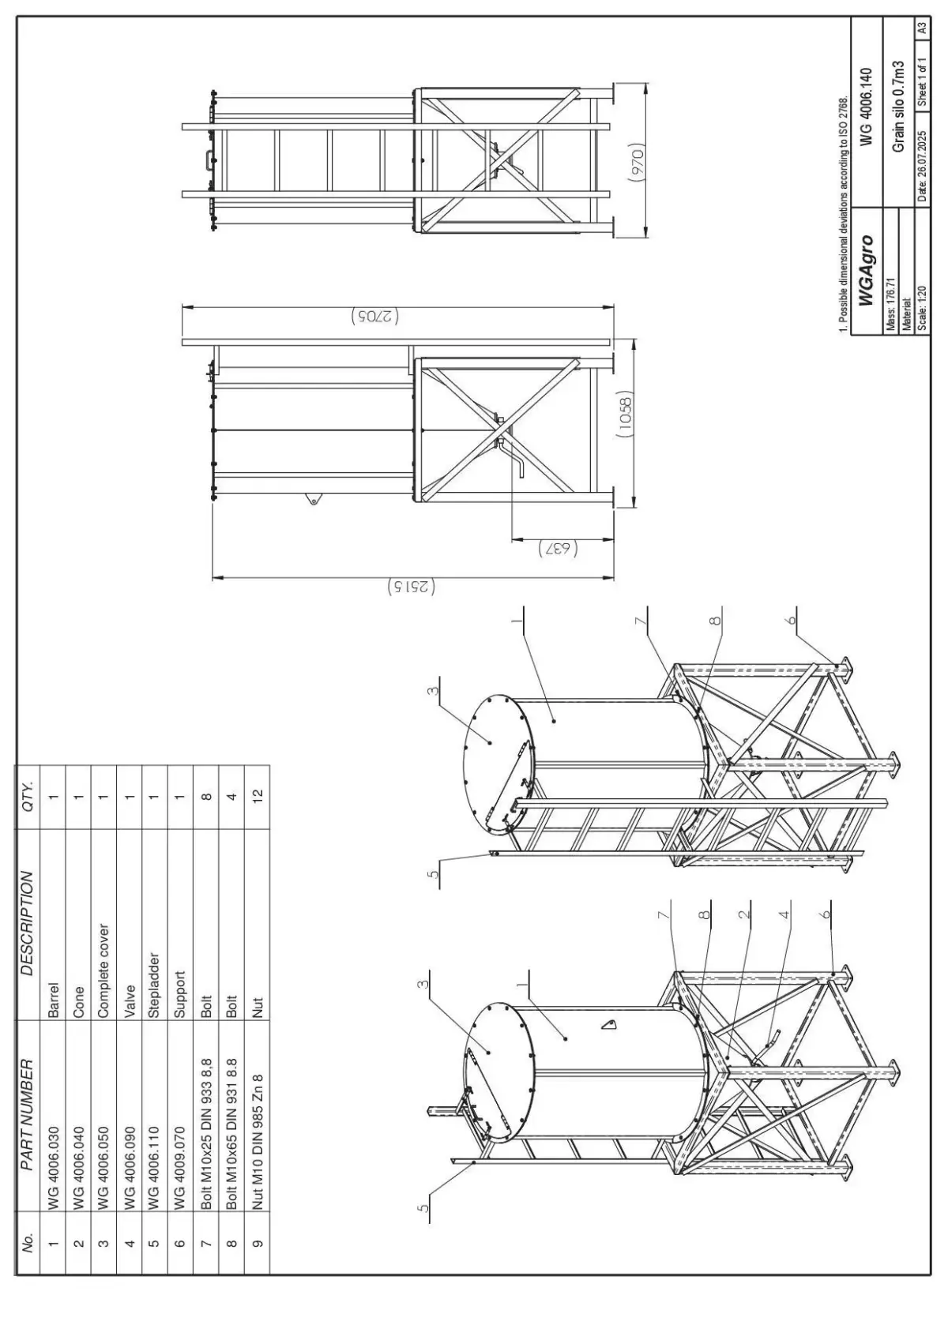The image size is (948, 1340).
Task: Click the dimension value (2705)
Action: pyautogui.click(x=374, y=317)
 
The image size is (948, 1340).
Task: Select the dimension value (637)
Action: pyautogui.click(x=558, y=549)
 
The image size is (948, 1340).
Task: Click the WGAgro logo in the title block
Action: pyautogui.click(x=867, y=270)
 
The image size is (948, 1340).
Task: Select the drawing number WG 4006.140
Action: pyautogui.click(x=867, y=106)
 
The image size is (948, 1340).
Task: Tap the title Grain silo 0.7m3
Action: pyautogui.click(x=897, y=106)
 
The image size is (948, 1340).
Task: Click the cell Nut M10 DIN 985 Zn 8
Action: pyautogui.click(x=258, y=1143)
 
